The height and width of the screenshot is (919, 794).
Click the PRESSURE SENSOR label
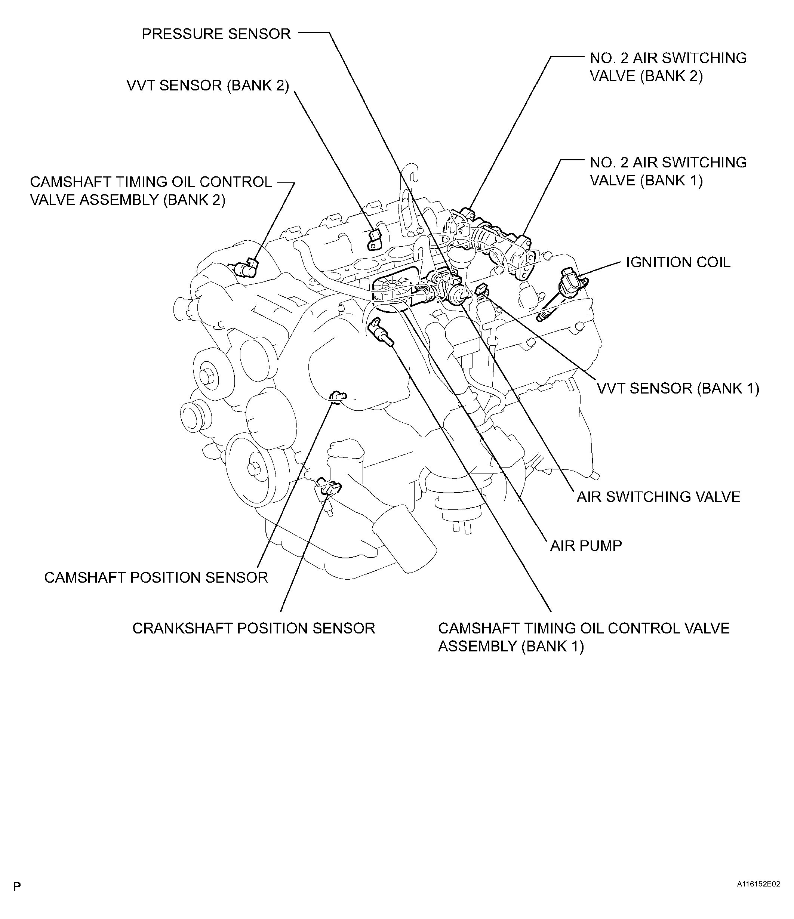pos(216,34)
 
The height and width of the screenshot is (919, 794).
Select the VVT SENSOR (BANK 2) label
pos(207,86)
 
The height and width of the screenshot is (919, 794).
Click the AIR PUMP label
pos(585,546)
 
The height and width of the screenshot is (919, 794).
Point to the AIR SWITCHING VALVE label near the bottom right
pos(658,497)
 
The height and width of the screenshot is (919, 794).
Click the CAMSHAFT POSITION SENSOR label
pos(156,577)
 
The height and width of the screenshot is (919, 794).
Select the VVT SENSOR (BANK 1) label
pos(678,389)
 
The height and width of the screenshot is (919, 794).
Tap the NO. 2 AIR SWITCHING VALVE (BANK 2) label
pos(668,67)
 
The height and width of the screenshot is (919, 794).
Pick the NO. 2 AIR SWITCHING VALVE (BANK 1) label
pos(668,171)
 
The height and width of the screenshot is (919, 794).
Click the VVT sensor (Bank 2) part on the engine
pos(375,240)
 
